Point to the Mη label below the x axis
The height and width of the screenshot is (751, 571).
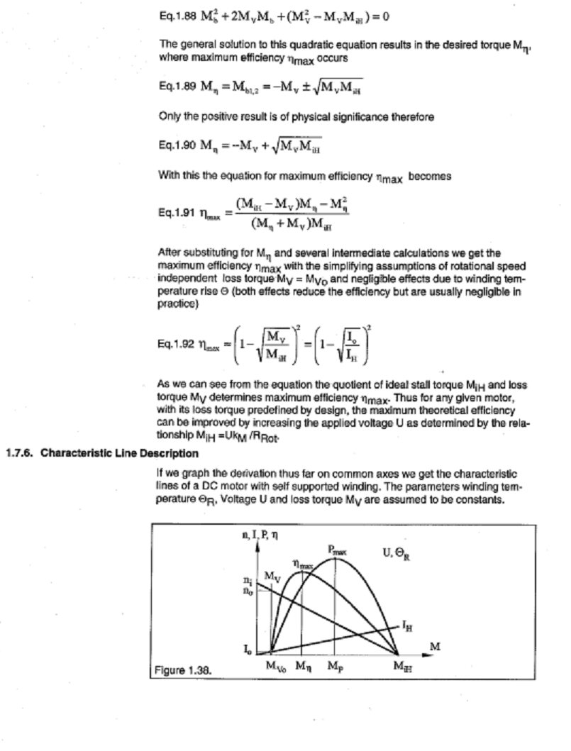coord(303,667)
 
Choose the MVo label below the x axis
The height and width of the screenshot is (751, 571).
coord(276,667)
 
